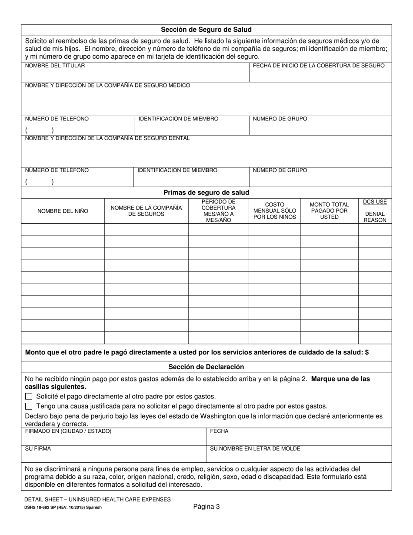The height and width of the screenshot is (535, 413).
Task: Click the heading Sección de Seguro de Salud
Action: [x=206, y=30]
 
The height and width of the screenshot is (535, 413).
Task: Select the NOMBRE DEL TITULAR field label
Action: [x=55, y=66]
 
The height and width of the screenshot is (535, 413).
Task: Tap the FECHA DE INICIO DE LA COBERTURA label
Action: [x=318, y=66]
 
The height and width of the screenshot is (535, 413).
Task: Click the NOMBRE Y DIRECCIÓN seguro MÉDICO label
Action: [x=107, y=85]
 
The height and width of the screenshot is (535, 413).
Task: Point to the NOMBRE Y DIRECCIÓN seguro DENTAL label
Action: [x=107, y=138]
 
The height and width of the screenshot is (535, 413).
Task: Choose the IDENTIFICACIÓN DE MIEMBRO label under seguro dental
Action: [x=177, y=171]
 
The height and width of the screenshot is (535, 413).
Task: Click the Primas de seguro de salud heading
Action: [x=206, y=192]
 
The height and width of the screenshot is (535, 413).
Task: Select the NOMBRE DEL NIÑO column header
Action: [x=63, y=211]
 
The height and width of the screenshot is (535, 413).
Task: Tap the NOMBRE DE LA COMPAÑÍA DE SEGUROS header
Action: [x=146, y=211]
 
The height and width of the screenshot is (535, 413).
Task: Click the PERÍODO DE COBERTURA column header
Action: [x=218, y=211]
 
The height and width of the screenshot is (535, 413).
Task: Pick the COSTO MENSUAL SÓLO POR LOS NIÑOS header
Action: [x=274, y=211]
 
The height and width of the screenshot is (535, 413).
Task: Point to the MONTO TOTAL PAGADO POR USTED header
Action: [x=329, y=211]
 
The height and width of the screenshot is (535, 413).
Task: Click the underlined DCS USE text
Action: [x=375, y=202]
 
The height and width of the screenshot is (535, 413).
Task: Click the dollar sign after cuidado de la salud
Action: [x=367, y=352]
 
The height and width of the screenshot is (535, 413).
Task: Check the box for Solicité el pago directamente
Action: [x=29, y=396]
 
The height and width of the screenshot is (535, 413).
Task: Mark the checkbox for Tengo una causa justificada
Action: [x=29, y=406]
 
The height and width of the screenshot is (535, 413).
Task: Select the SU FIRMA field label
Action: [x=38, y=448]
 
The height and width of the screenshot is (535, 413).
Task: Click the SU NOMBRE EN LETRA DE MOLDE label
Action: [x=255, y=448]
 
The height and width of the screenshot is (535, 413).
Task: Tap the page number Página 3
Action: [x=206, y=506]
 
